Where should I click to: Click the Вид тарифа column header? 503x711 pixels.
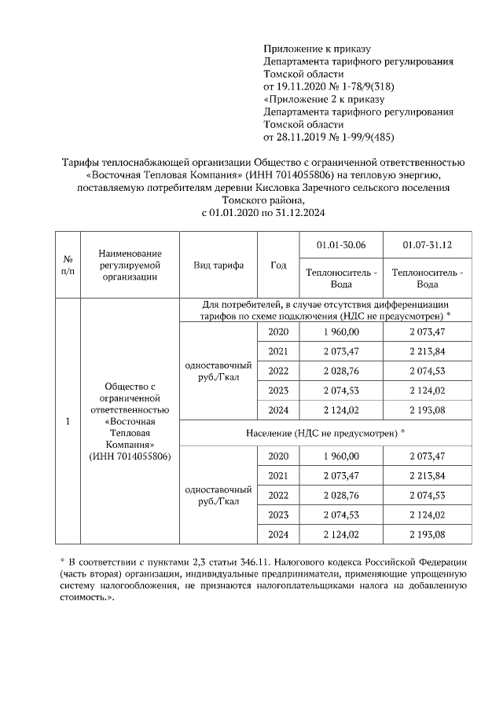pyautogui.click(x=218, y=265)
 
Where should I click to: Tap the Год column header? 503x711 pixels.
pyautogui.click(x=278, y=265)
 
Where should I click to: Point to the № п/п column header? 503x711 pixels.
pyautogui.click(x=68, y=265)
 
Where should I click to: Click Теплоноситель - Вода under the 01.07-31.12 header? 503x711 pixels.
pyautogui.click(x=427, y=278)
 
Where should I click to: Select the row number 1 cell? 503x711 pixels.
pyautogui.click(x=68, y=421)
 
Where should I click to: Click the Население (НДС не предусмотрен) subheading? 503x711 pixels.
pyautogui.click(x=325, y=432)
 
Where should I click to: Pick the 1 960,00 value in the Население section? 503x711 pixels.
pyautogui.click(x=340, y=456)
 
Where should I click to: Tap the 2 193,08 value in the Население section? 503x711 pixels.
pyautogui.click(x=427, y=534)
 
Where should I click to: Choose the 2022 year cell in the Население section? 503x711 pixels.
pyautogui.click(x=278, y=495)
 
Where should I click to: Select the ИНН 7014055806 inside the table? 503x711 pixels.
pyautogui.click(x=130, y=456)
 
